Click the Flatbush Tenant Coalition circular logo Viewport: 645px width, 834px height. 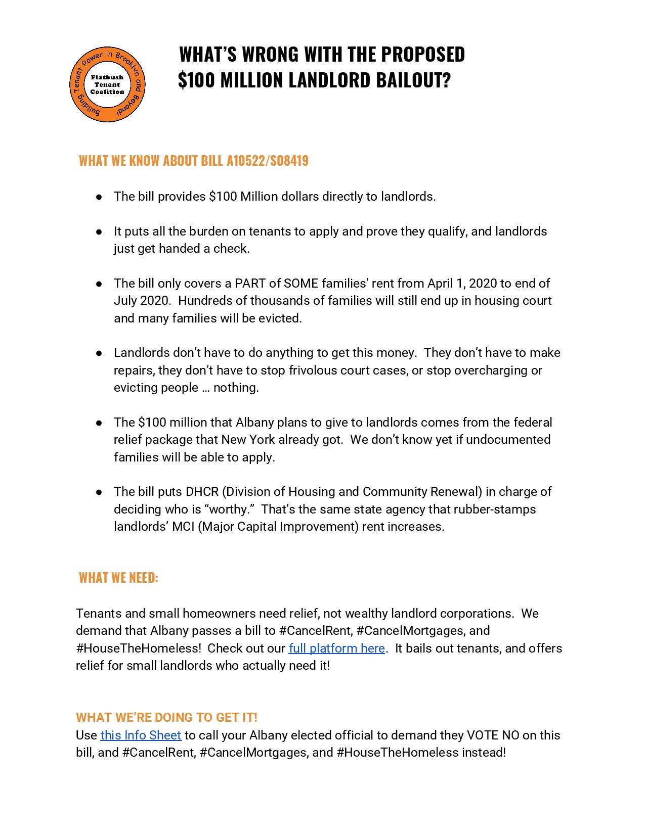coord(107,84)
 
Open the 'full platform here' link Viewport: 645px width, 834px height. coord(336,648)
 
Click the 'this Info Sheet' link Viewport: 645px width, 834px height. coord(141,735)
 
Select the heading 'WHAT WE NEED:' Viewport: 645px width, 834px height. coord(118,578)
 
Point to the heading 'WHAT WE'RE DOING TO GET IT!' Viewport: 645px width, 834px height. coord(166,717)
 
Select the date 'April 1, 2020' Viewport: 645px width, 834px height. coord(462,283)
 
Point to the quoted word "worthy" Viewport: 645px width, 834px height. coord(230,509)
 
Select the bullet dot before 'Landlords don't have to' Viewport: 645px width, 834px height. coord(100,353)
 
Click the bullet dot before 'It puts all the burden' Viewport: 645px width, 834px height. coord(100,231)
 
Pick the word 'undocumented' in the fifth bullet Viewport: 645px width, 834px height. coord(508,439)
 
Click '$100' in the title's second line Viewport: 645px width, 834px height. coord(196,80)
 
